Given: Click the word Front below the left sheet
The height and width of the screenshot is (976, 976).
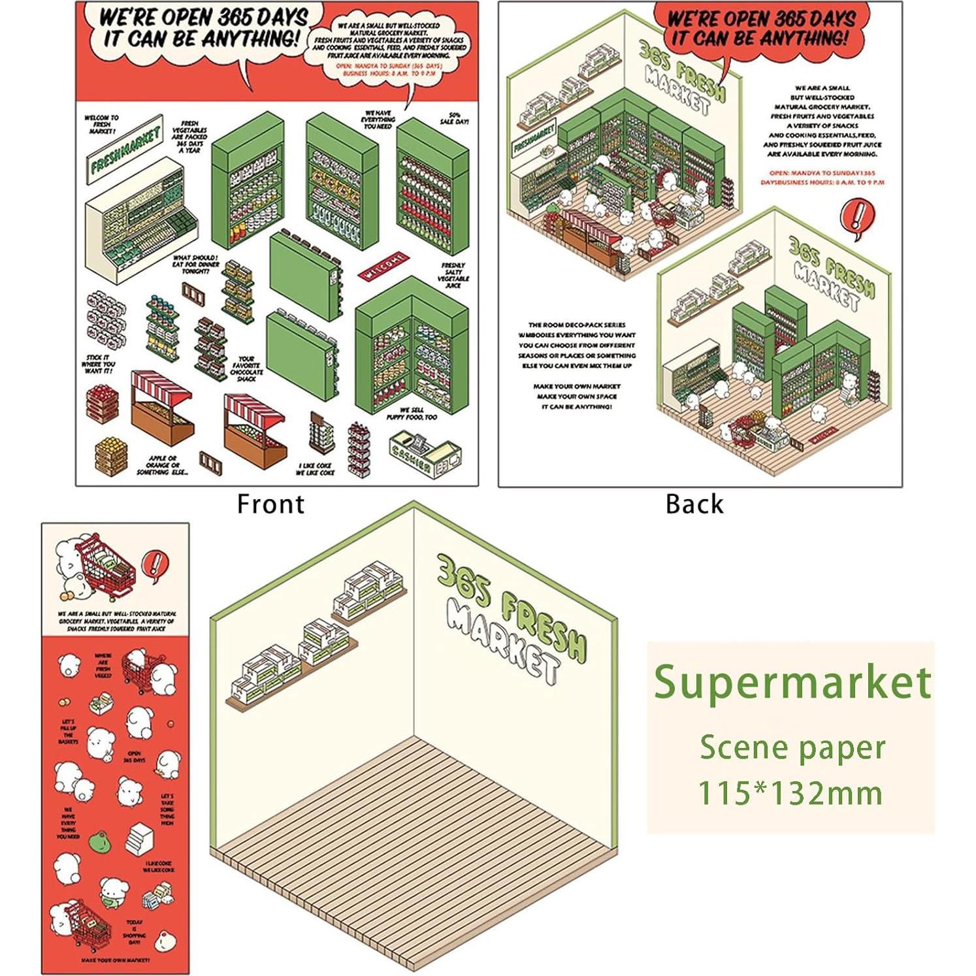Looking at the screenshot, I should coord(270,504).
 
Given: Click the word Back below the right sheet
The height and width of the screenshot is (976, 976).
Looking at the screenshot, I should coord(694,504).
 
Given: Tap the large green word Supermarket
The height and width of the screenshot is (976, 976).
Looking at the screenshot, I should coord(792,683).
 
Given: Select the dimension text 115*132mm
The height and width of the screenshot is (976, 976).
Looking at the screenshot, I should coord(790,793).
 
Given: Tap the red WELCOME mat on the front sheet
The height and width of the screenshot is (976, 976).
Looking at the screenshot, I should coord(383,266).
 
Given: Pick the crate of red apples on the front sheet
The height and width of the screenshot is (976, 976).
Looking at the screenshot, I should coord(103,404).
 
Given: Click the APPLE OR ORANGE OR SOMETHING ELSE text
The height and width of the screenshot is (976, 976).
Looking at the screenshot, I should coord(163,465).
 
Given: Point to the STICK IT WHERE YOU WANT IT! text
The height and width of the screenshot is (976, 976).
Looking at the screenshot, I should coord(100,364).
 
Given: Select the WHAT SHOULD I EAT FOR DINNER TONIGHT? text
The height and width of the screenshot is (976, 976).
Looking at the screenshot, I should coord(195,264).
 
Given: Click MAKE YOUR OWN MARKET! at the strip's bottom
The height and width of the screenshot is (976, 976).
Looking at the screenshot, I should coord(115,960).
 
